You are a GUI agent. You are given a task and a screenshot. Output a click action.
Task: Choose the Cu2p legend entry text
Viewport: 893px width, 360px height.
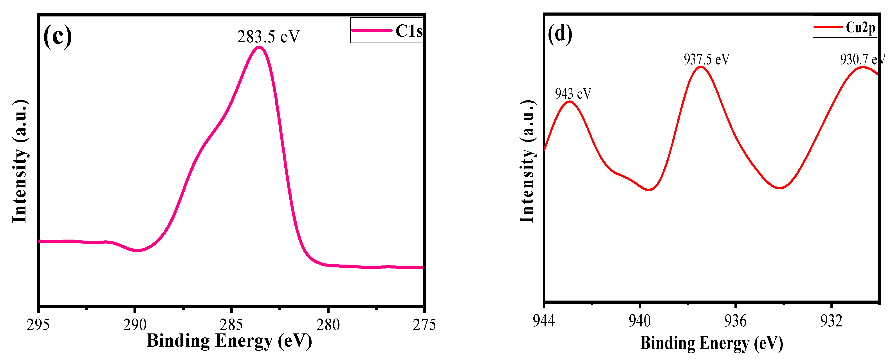point(861,27)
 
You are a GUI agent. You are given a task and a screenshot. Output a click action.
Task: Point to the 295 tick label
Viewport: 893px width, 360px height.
point(38,325)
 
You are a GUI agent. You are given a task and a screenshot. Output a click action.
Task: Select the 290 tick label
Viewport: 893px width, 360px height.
point(135,325)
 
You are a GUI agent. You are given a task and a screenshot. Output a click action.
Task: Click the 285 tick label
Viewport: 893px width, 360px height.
point(231,325)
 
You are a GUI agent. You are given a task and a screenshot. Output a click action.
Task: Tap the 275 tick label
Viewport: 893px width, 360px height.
point(424,325)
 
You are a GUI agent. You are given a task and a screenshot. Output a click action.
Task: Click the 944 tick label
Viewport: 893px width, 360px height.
point(544,321)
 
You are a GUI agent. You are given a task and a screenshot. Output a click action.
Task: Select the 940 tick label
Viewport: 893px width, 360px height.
point(640,321)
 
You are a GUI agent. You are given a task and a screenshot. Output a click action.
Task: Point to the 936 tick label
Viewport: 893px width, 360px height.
point(735,321)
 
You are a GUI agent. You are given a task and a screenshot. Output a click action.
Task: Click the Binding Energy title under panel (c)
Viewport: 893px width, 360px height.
point(229,341)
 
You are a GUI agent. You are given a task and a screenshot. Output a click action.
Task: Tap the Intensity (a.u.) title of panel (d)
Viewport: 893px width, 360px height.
point(527,161)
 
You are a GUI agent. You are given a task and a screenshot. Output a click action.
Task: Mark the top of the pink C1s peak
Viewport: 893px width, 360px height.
point(259,47)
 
